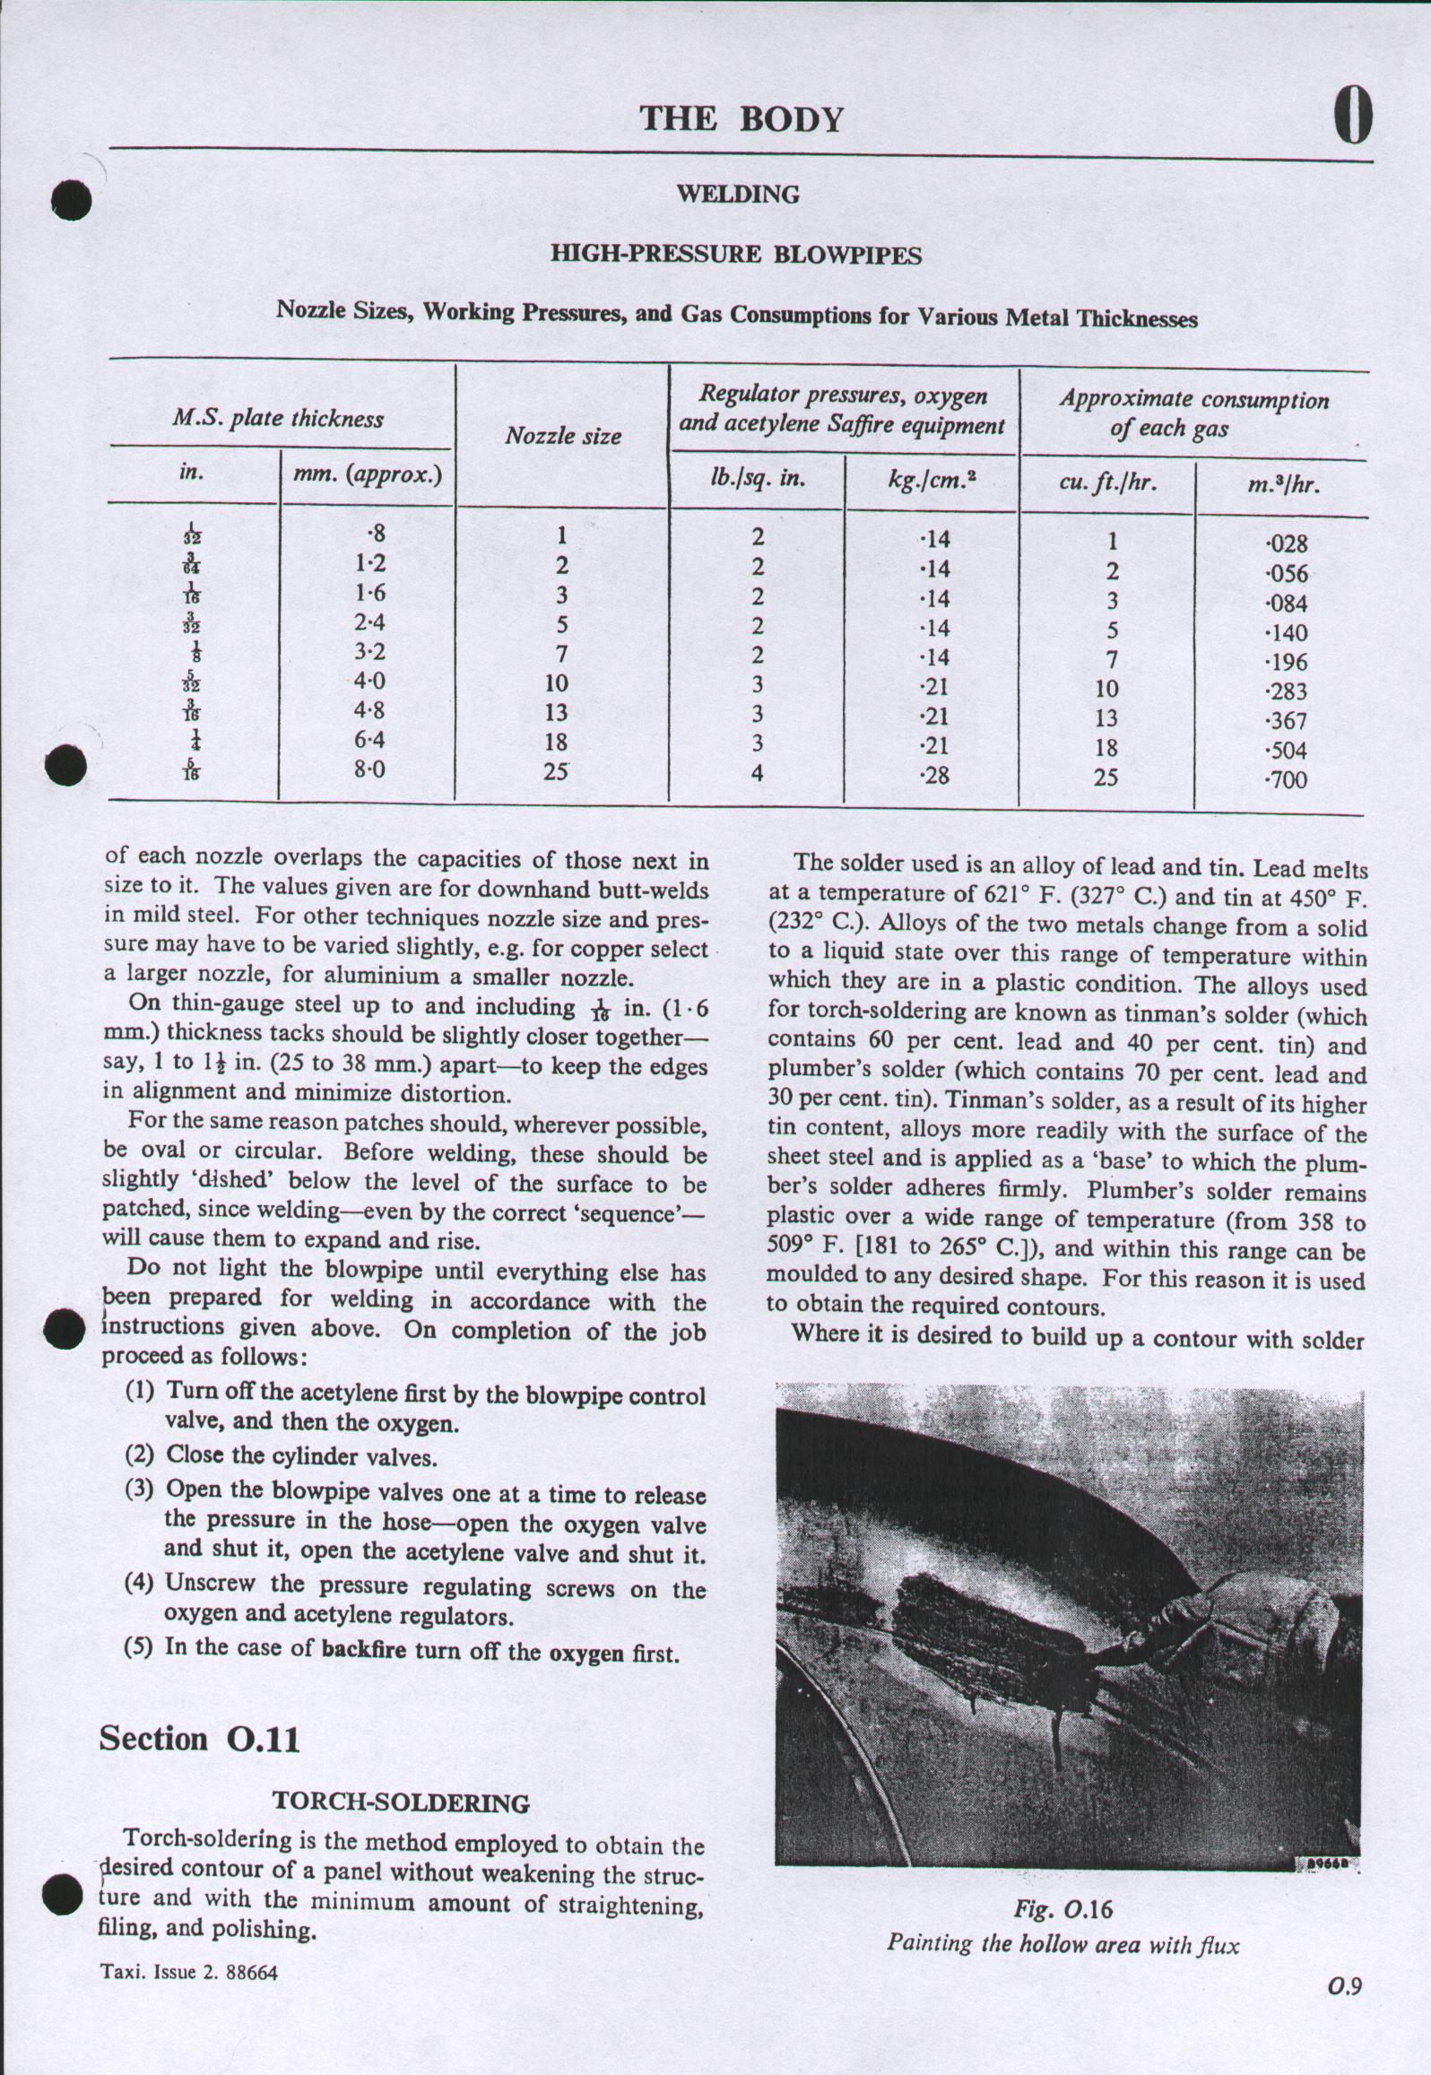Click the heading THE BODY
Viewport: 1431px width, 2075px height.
click(x=741, y=118)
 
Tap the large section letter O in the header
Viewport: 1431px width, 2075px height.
click(x=1352, y=117)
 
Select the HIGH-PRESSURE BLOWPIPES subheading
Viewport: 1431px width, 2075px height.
click(x=735, y=256)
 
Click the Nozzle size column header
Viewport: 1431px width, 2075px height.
click(x=562, y=436)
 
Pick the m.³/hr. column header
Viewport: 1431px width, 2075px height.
click(x=1284, y=484)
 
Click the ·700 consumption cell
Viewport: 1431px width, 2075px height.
click(x=1286, y=780)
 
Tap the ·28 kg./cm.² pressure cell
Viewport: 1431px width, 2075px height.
click(x=934, y=775)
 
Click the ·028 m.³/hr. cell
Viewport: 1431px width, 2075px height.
click(x=1286, y=543)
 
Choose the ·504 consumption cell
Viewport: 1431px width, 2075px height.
click(x=1286, y=751)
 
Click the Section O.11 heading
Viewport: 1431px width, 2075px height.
click(x=199, y=1738)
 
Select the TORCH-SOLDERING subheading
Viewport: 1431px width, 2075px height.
click(x=401, y=1802)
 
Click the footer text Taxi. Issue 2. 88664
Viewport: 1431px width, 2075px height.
click(x=189, y=1973)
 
